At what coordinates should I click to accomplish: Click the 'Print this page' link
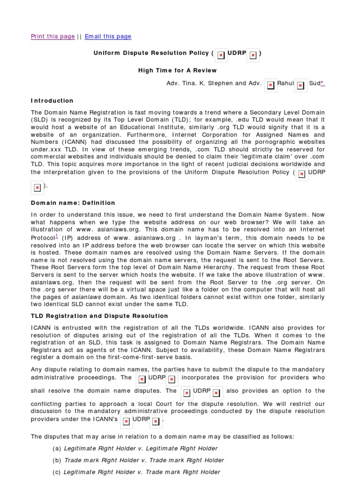52,37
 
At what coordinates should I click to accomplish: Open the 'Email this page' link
108,37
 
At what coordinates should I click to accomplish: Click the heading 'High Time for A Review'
177,70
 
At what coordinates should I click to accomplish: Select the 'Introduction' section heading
52,100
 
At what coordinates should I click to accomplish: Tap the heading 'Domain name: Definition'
73,202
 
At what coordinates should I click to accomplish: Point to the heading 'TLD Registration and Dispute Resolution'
99,316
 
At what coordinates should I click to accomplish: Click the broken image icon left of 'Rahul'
270,85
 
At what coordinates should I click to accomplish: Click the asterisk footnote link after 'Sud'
323,83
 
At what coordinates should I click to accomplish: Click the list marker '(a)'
57,449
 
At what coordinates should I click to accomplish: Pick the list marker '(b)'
57,460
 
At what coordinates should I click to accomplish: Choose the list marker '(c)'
57,472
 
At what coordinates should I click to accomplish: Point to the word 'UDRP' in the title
237,53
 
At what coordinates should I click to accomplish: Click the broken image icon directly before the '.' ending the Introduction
37,187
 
